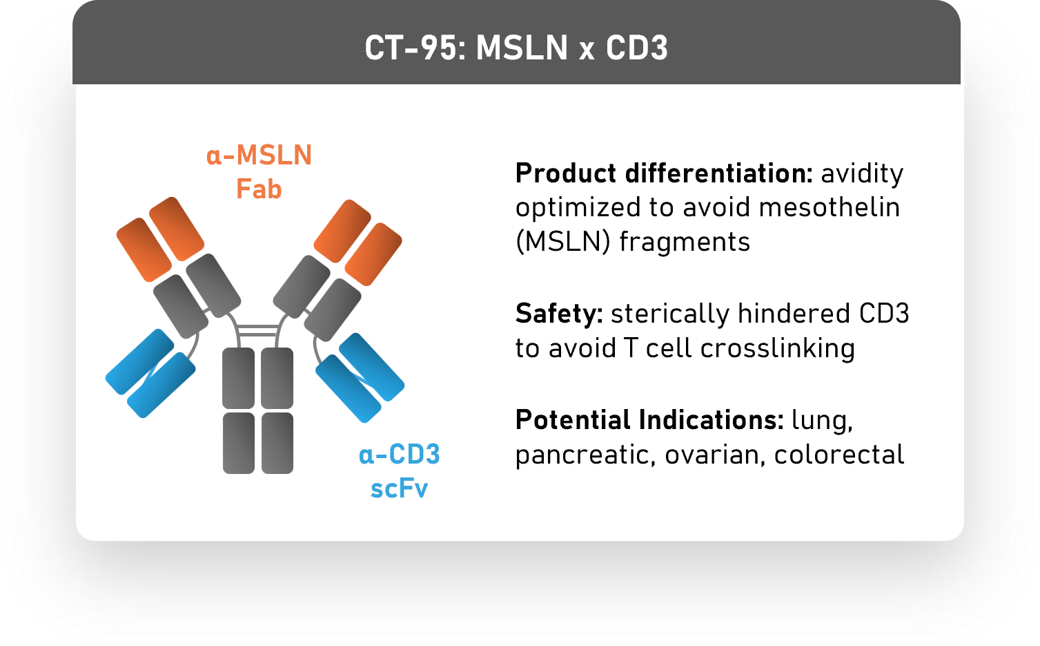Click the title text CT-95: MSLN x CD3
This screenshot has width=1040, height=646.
pyautogui.click(x=516, y=48)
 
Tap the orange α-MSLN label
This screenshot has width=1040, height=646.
pyautogui.click(x=259, y=155)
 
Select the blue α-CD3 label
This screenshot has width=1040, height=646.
pyautogui.click(x=399, y=455)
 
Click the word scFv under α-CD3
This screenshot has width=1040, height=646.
pyautogui.click(x=399, y=488)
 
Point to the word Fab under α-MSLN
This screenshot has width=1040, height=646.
pyautogui.click(x=259, y=189)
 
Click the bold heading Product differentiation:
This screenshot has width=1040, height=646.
pyautogui.click(x=664, y=173)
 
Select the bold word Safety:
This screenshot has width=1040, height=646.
pyautogui.click(x=559, y=314)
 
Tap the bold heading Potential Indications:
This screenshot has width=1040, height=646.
pyautogui.click(x=649, y=420)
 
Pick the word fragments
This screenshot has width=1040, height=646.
pyautogui.click(x=685, y=242)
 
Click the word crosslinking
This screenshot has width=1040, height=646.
pyautogui.click(x=777, y=348)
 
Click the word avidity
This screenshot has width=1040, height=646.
pyautogui.click(x=861, y=173)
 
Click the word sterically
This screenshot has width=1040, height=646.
pyautogui.click(x=669, y=314)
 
